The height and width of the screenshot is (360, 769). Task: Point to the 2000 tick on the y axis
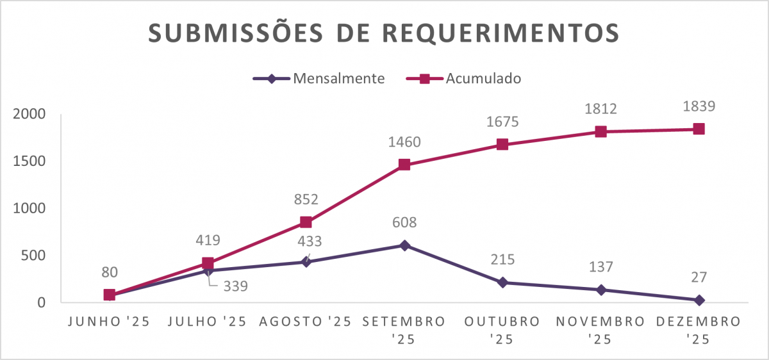click(29, 114)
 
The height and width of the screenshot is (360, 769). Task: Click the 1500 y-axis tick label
click(29, 161)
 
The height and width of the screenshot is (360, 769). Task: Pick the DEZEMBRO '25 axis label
click(699, 329)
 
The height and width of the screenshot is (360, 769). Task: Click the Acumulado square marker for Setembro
click(404, 165)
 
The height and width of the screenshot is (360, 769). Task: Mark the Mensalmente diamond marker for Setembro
click(404, 245)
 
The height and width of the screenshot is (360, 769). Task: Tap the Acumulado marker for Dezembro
click(699, 129)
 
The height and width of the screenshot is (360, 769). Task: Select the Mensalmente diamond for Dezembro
click(699, 300)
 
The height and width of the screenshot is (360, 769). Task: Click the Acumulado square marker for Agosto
click(306, 222)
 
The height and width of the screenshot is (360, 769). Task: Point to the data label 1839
click(699, 106)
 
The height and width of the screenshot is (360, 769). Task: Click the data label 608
click(404, 223)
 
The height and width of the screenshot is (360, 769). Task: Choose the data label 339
click(235, 286)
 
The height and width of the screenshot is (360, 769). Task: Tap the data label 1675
click(502, 122)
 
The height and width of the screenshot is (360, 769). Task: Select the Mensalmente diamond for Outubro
click(502, 282)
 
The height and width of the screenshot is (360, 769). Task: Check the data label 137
click(600, 267)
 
